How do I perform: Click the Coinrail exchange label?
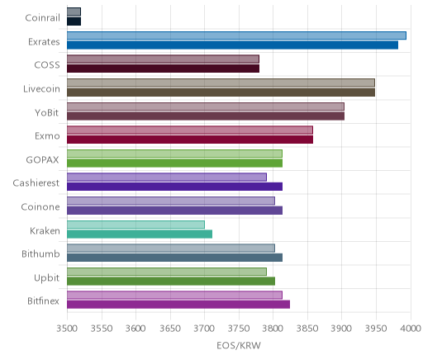pos(42,18)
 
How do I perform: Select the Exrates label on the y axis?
pos(44,42)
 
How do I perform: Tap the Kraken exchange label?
pos(45,230)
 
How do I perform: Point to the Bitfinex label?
pos(43,301)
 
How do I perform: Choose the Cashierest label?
pos(36,183)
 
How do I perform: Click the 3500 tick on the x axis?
pos(67,329)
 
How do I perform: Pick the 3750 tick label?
pos(239,329)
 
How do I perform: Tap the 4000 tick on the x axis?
pos(411,329)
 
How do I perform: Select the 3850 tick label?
pos(307,329)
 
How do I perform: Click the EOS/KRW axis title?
pos(239,346)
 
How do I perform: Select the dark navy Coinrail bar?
pos(74,21)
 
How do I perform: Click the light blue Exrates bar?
pos(236,36)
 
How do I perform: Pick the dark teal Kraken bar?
pos(140,234)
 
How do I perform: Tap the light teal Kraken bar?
pos(135,225)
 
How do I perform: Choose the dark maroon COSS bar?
pos(163,69)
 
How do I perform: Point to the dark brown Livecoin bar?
pos(221,92)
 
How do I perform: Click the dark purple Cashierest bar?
pos(174,187)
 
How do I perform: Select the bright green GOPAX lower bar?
pos(174,163)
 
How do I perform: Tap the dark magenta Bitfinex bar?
pos(178,305)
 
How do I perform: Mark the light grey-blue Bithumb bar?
pos(171,249)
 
